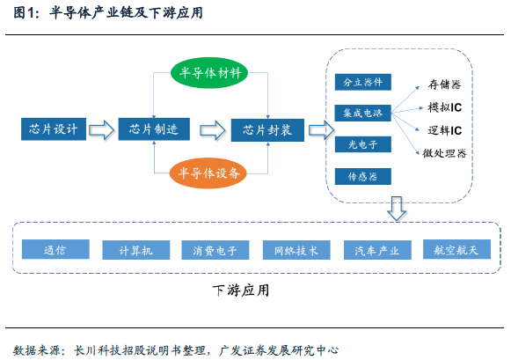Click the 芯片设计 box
pos(54,129)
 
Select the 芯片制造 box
pos(154,129)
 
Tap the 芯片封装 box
pos(267,130)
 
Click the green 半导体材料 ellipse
pos(209,73)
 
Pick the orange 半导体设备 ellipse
pos(208,173)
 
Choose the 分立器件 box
pos(363,82)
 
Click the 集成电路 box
pos(363,114)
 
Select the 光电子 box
pos(363,144)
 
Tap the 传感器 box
pos(363,176)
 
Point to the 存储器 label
pos(444,84)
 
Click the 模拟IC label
pos(444,107)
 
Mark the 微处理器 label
pos(444,153)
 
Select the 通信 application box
pos(55,249)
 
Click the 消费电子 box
pos(215,250)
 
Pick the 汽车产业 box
pos(377,250)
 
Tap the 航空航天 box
pos(456,249)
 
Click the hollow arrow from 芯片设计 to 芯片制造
pos(102,129)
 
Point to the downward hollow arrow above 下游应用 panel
pos(397,209)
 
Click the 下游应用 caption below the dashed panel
pos(241,290)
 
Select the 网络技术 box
pos(296,250)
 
